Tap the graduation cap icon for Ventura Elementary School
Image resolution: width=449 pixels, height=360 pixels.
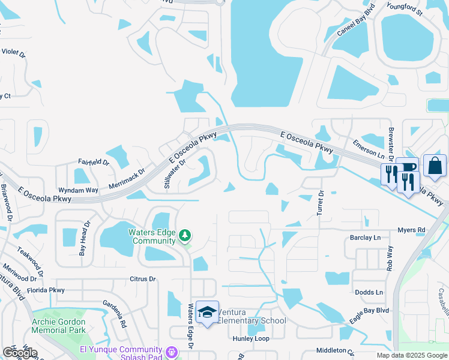(207, 313)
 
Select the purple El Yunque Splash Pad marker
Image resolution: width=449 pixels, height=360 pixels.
(172, 351)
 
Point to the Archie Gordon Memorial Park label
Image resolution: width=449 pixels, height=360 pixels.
(58, 326)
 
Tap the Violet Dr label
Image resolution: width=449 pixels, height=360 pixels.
(14, 53)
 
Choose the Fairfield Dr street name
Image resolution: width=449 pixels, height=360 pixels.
(93, 162)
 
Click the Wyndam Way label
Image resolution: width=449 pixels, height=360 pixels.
(82, 190)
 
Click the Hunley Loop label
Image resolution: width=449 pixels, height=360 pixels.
(251, 338)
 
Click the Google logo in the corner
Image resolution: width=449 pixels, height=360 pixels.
(20, 352)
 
